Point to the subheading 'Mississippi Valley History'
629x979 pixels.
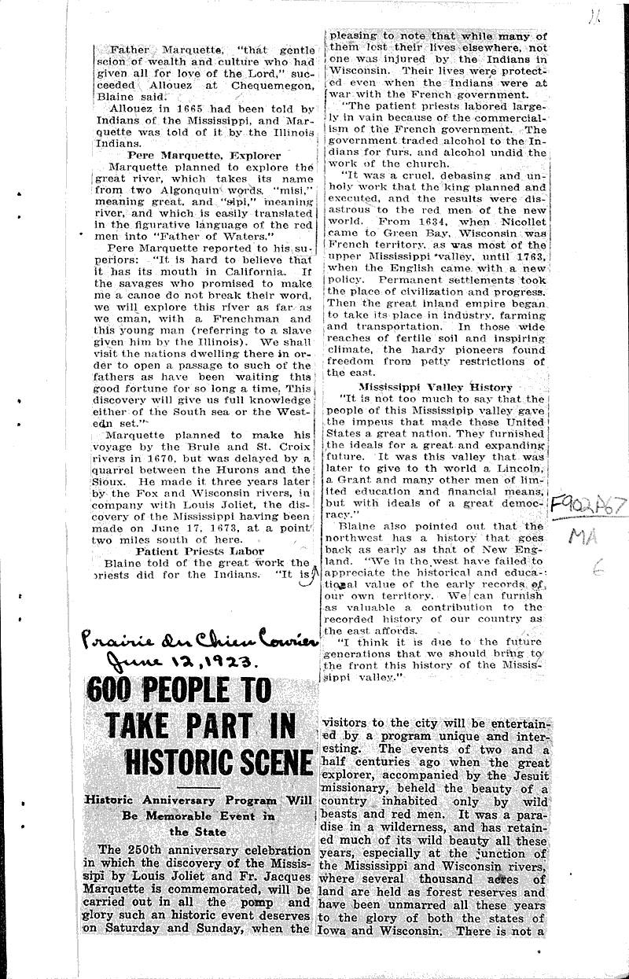(436, 387)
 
